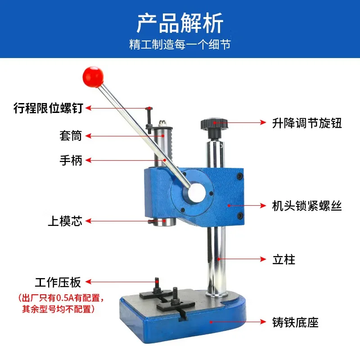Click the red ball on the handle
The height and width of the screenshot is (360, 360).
point(93,77)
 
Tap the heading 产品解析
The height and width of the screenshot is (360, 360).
point(180,23)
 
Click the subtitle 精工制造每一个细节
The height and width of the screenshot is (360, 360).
point(180,44)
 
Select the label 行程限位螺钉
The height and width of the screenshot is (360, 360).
point(48,108)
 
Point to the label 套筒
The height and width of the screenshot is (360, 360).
point(71,135)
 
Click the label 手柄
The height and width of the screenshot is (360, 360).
point(71,160)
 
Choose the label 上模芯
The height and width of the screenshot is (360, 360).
point(65,221)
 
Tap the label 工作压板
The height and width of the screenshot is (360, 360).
point(58,282)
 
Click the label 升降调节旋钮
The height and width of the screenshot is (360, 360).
point(307,123)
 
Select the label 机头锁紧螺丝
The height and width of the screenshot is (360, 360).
point(307,206)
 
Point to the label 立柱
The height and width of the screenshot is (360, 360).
point(284,260)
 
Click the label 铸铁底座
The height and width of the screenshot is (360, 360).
point(296,322)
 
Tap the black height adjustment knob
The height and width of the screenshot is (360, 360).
point(214,128)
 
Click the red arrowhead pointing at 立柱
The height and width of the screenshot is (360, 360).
point(263,259)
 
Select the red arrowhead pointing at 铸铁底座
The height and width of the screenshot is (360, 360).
point(263,322)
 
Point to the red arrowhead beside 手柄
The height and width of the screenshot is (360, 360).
point(88,160)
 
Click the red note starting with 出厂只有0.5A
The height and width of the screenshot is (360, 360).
point(61,303)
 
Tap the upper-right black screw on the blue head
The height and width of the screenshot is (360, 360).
point(240,176)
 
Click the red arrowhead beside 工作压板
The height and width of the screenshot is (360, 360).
point(88,282)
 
